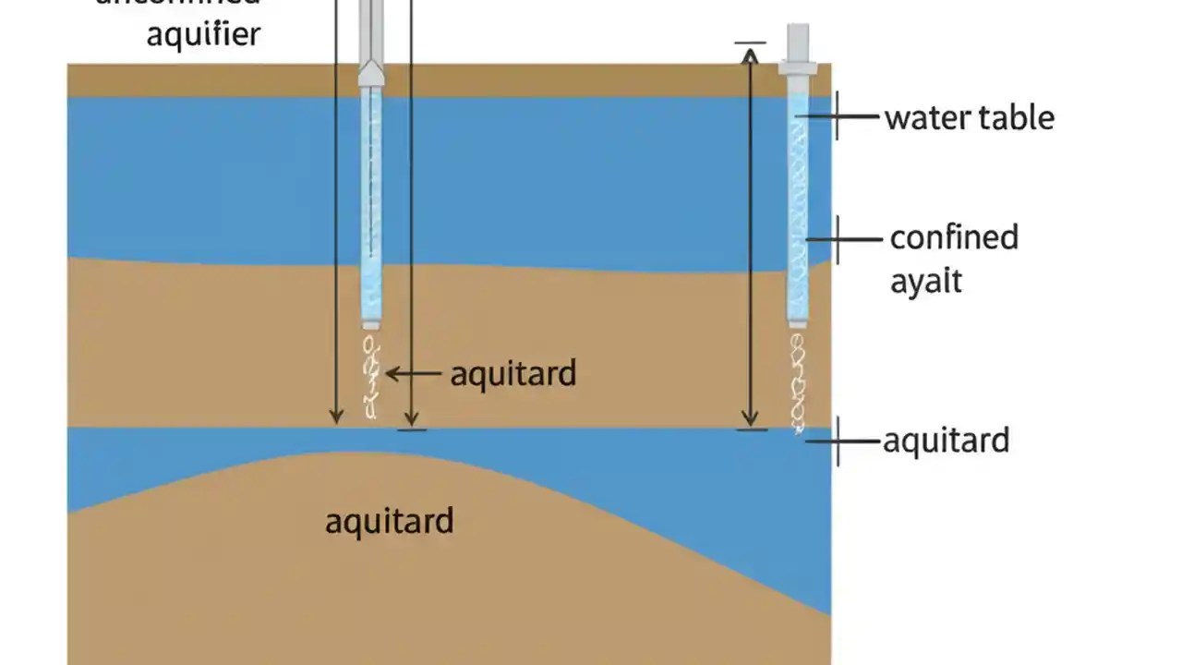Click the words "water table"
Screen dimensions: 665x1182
(969, 118)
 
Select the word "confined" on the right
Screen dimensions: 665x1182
(954, 237)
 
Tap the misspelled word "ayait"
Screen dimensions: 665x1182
(925, 281)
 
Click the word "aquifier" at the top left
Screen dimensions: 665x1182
(203, 34)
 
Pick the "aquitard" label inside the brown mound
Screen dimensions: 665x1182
(389, 521)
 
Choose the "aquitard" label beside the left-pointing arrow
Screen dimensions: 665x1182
(513, 373)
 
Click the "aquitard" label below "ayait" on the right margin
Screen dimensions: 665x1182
(946, 441)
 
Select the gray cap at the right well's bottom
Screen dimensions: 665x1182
(798, 323)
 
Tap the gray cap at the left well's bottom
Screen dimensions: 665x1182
(371, 324)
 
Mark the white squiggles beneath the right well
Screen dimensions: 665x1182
(798, 379)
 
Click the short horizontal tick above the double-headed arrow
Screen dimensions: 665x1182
(750, 42)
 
